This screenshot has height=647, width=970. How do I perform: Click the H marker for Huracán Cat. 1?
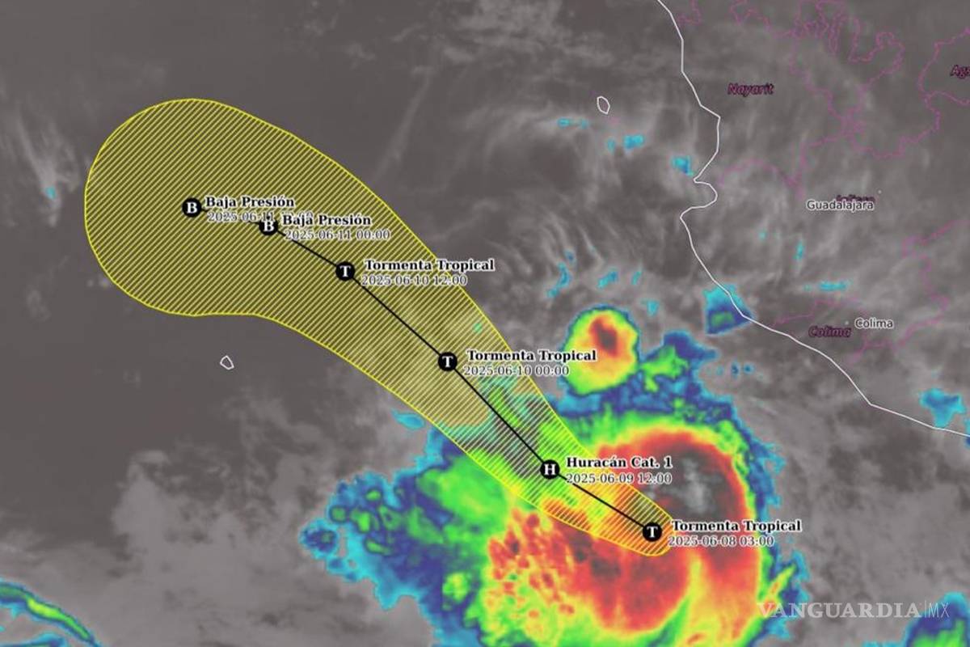click(x=550, y=469)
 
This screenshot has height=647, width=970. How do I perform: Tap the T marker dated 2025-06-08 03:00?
click(x=652, y=531)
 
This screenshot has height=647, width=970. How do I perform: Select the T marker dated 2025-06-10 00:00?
click(x=448, y=362)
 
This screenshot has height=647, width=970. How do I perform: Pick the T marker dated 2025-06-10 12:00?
click(x=345, y=271)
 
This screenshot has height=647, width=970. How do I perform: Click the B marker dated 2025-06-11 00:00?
click(x=268, y=226)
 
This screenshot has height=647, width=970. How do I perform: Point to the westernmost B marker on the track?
click(x=192, y=208)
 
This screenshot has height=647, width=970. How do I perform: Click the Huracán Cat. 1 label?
click(x=619, y=463)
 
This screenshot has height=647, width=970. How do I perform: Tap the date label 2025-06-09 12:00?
click(x=618, y=478)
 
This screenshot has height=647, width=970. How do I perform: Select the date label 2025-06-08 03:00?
click(x=721, y=541)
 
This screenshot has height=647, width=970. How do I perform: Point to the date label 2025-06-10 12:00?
click(x=414, y=281)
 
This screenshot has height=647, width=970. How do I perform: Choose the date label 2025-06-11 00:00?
click(x=337, y=235)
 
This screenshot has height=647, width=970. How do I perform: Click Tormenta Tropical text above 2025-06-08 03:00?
click(x=736, y=526)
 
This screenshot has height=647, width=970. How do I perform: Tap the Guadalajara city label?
click(x=840, y=205)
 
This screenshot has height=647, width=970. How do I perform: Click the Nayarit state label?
click(x=750, y=89)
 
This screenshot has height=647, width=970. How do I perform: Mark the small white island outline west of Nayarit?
click(x=603, y=104)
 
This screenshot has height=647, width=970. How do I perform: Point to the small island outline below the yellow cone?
click(x=227, y=362)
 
